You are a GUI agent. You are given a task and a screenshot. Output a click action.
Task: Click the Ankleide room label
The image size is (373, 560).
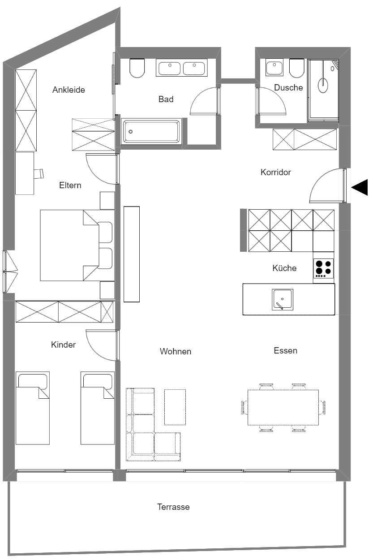coord(69,90)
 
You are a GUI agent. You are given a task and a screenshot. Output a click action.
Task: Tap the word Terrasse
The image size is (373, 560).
coord(173,507)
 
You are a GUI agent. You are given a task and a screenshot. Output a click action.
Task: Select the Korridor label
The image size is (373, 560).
coord(276,172)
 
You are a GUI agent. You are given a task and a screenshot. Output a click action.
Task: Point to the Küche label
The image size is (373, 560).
coord(284,268)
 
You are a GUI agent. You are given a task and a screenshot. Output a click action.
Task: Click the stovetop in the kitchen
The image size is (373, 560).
coord(323,268)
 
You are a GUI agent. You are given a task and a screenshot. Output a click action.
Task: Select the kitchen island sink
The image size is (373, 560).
coord(283,300)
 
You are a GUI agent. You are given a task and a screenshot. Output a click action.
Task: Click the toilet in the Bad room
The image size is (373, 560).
coord(137,68)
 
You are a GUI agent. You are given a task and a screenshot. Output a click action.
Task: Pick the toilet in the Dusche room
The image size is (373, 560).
coord(297,68)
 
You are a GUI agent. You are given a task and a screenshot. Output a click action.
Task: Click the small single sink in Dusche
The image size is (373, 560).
coord(274,68)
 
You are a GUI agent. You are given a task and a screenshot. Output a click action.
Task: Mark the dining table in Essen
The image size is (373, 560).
coord(283,407)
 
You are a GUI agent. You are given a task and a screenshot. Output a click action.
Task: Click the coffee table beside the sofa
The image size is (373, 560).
coord(175,407)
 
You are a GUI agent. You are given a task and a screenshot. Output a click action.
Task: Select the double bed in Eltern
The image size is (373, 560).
coord(76,245)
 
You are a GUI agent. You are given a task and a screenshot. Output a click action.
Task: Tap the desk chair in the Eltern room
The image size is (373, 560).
coord(39,173)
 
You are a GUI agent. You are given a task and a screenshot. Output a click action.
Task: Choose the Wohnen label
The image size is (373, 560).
coord(176,352)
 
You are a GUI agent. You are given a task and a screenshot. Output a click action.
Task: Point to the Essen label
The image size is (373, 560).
coord(285,350)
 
